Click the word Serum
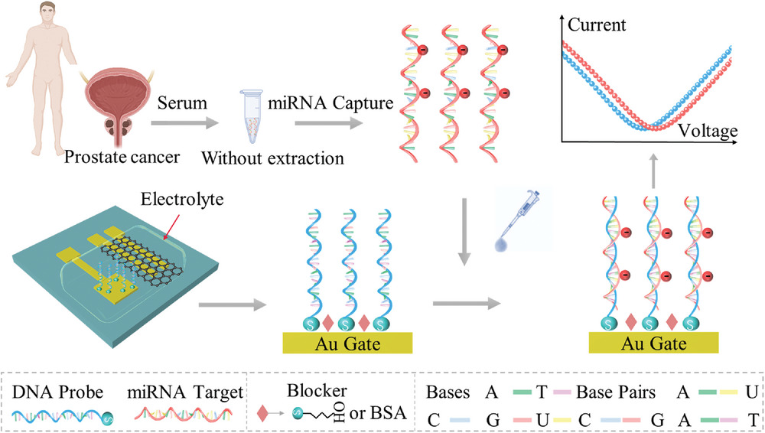(182, 103)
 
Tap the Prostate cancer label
(122, 157)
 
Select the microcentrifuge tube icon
(252, 117)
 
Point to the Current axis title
(597, 24)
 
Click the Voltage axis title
(708, 131)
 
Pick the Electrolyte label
(182, 199)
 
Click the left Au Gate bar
(347, 343)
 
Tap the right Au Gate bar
(653, 343)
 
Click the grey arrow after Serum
(185, 122)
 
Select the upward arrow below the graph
(654, 171)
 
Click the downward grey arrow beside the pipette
(464, 232)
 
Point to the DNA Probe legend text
(57, 392)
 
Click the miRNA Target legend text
(185, 392)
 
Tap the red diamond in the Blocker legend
(262, 413)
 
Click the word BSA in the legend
(389, 413)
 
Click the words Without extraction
(273, 158)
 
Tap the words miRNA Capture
(330, 103)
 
